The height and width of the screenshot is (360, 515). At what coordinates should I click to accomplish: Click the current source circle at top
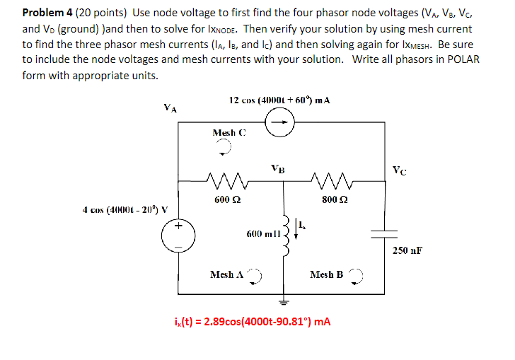coord(276,123)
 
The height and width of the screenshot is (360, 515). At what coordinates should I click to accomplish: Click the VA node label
coord(170,109)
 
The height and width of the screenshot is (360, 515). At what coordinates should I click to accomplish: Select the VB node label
coord(279,168)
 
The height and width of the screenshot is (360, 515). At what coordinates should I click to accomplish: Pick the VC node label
coord(400,170)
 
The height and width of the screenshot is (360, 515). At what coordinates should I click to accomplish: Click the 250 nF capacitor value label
coord(407,250)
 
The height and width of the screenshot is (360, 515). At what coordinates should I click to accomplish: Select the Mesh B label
coord(326,274)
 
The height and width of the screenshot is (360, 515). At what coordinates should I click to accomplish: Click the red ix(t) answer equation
coord(252,322)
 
